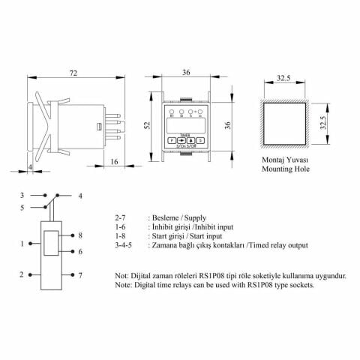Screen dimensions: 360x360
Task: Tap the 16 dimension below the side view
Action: (113, 160)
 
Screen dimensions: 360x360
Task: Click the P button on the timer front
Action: (172, 139)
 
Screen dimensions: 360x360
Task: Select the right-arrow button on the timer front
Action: (182, 139)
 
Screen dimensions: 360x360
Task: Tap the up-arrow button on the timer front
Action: (192, 139)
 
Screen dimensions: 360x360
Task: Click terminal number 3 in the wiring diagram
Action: (23, 195)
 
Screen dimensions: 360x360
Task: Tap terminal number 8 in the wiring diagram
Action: (80, 235)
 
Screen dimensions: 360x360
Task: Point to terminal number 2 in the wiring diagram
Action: (23, 275)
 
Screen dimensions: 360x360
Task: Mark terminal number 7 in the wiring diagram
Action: (80, 276)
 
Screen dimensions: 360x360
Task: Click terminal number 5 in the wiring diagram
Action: (23, 208)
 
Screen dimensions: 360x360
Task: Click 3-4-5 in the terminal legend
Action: (125, 244)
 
